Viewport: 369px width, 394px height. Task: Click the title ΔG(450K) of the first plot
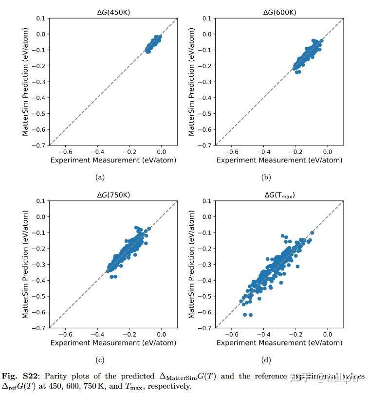pos(113,12)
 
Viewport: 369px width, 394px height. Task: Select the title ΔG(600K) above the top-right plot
pos(279,12)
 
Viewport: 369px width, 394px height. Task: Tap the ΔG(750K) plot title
pos(113,195)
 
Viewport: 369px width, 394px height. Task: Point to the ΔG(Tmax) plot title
pos(279,195)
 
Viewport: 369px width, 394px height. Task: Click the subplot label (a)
pos(100,178)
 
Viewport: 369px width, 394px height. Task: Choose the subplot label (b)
pos(266,178)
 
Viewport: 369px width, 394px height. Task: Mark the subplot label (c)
pos(100,360)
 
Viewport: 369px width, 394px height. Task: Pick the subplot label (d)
pos(266,360)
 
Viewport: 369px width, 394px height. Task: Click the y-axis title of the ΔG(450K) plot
pos(25,82)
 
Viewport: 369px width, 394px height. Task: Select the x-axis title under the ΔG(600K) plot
pos(279,160)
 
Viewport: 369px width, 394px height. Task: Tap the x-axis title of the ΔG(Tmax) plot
pos(279,343)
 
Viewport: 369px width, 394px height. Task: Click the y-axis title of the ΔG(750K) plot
pos(25,265)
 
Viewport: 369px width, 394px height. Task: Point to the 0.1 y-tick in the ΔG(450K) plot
pos(40,18)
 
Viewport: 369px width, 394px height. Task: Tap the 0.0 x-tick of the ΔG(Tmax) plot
pos(327,334)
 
